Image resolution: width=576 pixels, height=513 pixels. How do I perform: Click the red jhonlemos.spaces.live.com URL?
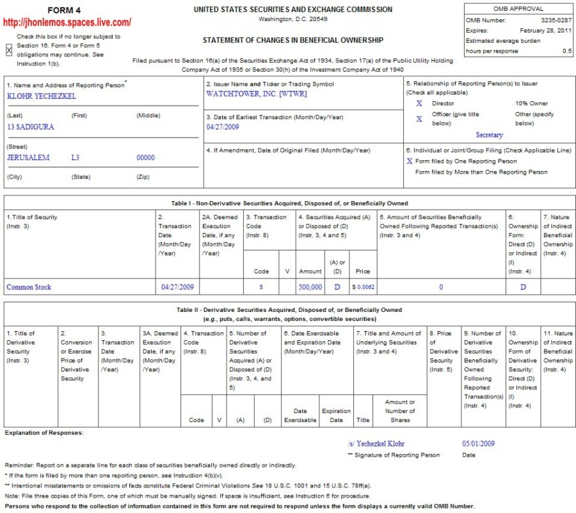pos(67,22)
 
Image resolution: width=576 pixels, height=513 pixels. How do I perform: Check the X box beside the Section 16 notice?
pos(9,50)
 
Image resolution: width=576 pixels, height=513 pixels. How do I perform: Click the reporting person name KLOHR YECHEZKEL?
pos(41,95)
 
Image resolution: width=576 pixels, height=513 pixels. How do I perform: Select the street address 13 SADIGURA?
pos(30,127)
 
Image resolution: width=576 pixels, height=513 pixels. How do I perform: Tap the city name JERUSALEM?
pos(28,158)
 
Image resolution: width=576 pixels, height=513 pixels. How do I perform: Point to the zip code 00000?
pos(146,158)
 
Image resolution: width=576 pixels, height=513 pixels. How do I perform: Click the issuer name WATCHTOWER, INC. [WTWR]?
pos(257,94)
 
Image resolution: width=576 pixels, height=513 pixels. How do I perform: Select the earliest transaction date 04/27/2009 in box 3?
pos(222,127)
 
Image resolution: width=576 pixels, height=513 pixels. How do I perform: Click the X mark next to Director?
pos(419,103)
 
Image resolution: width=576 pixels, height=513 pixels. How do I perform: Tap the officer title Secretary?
pos(490,135)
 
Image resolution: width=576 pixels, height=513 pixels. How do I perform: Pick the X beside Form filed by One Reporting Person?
pos(410,161)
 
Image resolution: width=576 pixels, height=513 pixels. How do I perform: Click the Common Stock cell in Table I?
pos(29,287)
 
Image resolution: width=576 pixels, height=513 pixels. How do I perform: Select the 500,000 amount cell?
pos(310,288)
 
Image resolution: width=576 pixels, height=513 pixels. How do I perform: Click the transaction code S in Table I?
pos(261,288)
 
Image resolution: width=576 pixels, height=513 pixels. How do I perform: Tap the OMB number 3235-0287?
pos(555,20)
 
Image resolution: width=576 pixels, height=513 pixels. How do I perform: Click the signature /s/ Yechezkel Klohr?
pos(376,443)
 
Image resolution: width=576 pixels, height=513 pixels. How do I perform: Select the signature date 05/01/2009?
pos(478,443)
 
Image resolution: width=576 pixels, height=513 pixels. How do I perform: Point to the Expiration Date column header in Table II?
pos(336,416)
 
